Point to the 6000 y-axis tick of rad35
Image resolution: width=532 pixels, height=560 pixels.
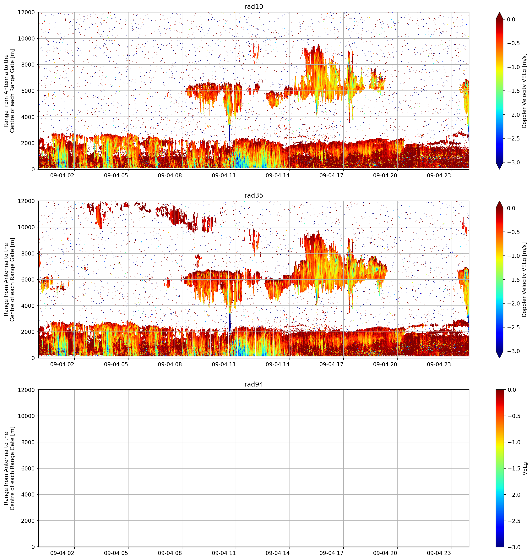coord(28,279)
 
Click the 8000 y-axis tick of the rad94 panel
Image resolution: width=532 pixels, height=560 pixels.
coord(28,442)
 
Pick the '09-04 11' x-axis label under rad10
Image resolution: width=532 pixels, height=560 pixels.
coord(224,175)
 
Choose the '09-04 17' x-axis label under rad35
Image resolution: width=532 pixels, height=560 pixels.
coord(332,364)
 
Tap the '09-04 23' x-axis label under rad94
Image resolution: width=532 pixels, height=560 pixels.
coord(439,553)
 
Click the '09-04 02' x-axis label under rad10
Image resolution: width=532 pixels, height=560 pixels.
coord(62,175)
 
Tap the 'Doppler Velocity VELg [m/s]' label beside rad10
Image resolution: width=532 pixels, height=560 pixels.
coord(524,91)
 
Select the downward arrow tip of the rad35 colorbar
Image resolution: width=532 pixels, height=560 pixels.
coord(499,358)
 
